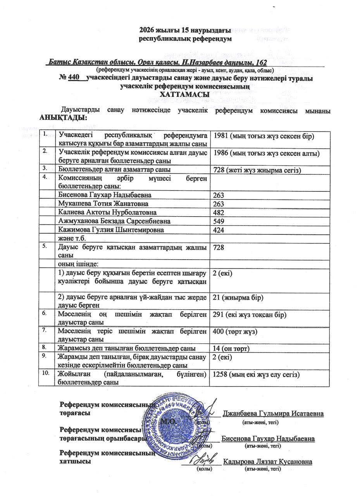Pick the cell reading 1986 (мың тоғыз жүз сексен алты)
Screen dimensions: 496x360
(266, 153)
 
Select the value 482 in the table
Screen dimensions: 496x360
(219, 213)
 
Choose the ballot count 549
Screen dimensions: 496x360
(219, 221)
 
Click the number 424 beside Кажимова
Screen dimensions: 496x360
(219, 230)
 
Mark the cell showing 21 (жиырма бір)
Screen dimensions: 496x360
(238, 297)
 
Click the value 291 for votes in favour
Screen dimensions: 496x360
(250, 315)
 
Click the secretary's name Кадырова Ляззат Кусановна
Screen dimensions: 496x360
(268, 462)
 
